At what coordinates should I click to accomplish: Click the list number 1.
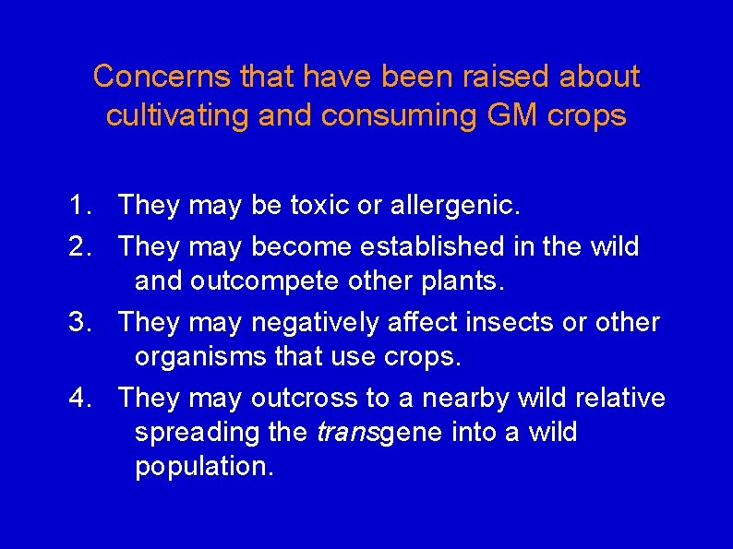pos(78,205)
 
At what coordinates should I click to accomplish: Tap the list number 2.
pos(78,246)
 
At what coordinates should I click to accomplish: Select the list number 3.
pos(78,322)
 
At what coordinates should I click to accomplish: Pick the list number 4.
pos(78,398)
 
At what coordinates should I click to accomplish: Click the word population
pos(204,467)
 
